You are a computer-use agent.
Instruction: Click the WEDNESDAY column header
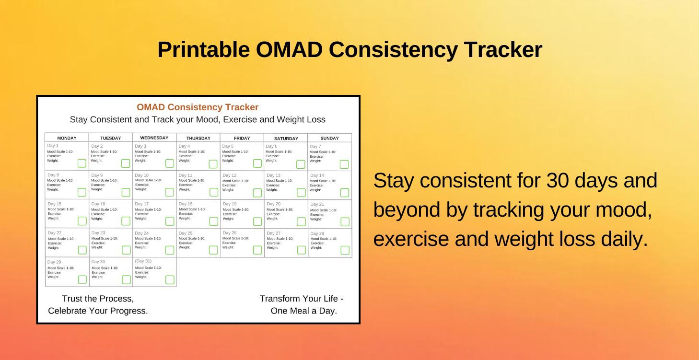click(x=154, y=138)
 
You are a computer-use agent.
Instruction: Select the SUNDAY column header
click(x=329, y=139)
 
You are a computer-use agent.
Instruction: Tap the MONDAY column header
click(x=67, y=139)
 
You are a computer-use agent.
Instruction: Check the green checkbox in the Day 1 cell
click(x=82, y=163)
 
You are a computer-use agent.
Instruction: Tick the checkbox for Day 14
click(x=344, y=193)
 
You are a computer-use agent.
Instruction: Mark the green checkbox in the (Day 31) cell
click(x=170, y=279)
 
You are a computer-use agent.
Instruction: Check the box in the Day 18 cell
click(x=213, y=221)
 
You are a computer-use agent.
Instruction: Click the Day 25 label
click(x=186, y=233)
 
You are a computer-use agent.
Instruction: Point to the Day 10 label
click(x=142, y=175)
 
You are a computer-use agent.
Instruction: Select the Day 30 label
click(x=98, y=262)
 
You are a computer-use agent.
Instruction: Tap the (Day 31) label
click(x=143, y=261)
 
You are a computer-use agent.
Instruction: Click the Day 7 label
click(x=315, y=147)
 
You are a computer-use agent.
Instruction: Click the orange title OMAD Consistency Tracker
click(x=198, y=107)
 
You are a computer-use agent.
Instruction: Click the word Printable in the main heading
click(x=203, y=50)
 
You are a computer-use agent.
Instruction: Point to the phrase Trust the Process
click(x=98, y=299)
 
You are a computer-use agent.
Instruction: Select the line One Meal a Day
click(x=303, y=311)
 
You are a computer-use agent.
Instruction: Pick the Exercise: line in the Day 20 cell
click(x=273, y=214)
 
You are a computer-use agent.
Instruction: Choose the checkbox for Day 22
click(x=82, y=250)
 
